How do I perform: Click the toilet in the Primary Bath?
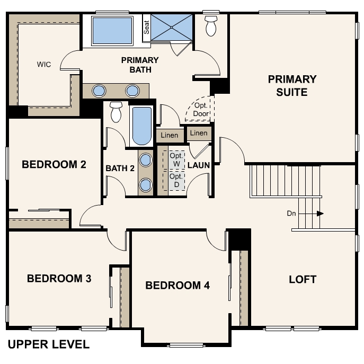(211, 26)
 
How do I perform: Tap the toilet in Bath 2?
(116, 112)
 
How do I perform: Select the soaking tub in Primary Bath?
(112, 31)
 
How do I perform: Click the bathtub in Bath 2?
(141, 126)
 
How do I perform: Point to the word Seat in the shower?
(146, 27)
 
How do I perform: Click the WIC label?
(44, 64)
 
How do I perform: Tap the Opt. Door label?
(201, 109)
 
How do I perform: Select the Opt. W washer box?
(174, 160)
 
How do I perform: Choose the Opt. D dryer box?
(174, 180)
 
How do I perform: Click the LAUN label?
(199, 165)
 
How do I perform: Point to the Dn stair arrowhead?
(321, 214)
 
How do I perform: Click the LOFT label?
(303, 279)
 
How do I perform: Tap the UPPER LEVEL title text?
(49, 344)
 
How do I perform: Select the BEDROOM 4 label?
(177, 285)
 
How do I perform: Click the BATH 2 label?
(120, 168)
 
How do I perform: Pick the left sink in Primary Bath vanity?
(99, 91)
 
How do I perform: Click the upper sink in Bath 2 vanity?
(146, 160)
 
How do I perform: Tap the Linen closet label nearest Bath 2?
(170, 135)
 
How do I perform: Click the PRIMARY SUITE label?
(292, 86)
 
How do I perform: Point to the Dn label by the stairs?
(291, 214)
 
